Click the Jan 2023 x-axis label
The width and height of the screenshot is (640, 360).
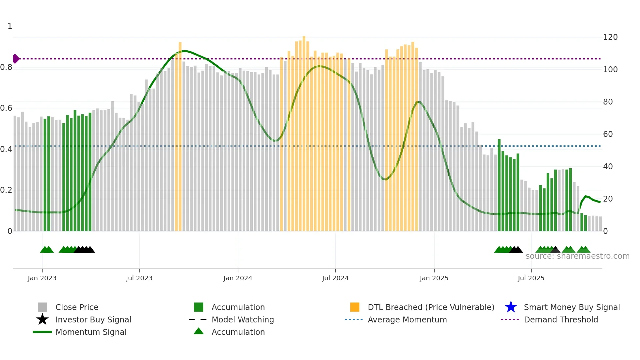click(42, 278)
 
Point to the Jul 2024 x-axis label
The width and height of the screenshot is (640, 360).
click(335, 278)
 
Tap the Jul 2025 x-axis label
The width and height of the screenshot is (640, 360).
click(531, 278)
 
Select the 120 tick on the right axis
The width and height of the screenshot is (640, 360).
click(610, 37)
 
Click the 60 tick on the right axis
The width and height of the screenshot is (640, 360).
click(608, 134)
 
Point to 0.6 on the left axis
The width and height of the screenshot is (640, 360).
click(6, 108)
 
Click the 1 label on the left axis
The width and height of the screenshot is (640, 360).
click(10, 26)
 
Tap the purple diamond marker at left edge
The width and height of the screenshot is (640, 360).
click(16, 59)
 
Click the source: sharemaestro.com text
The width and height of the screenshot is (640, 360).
click(577, 256)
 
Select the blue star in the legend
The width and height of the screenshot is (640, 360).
click(511, 307)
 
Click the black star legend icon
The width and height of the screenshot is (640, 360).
click(42, 319)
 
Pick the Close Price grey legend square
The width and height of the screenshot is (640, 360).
click(42, 307)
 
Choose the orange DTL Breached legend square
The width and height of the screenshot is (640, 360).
click(355, 307)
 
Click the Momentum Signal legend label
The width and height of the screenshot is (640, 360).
click(91, 332)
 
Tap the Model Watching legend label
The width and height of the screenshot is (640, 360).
click(243, 319)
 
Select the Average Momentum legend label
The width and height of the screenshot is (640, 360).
click(407, 319)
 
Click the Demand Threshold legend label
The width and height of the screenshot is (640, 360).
click(561, 319)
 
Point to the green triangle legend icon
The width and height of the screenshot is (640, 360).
click(199, 331)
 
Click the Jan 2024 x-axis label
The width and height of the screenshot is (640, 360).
click(238, 278)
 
